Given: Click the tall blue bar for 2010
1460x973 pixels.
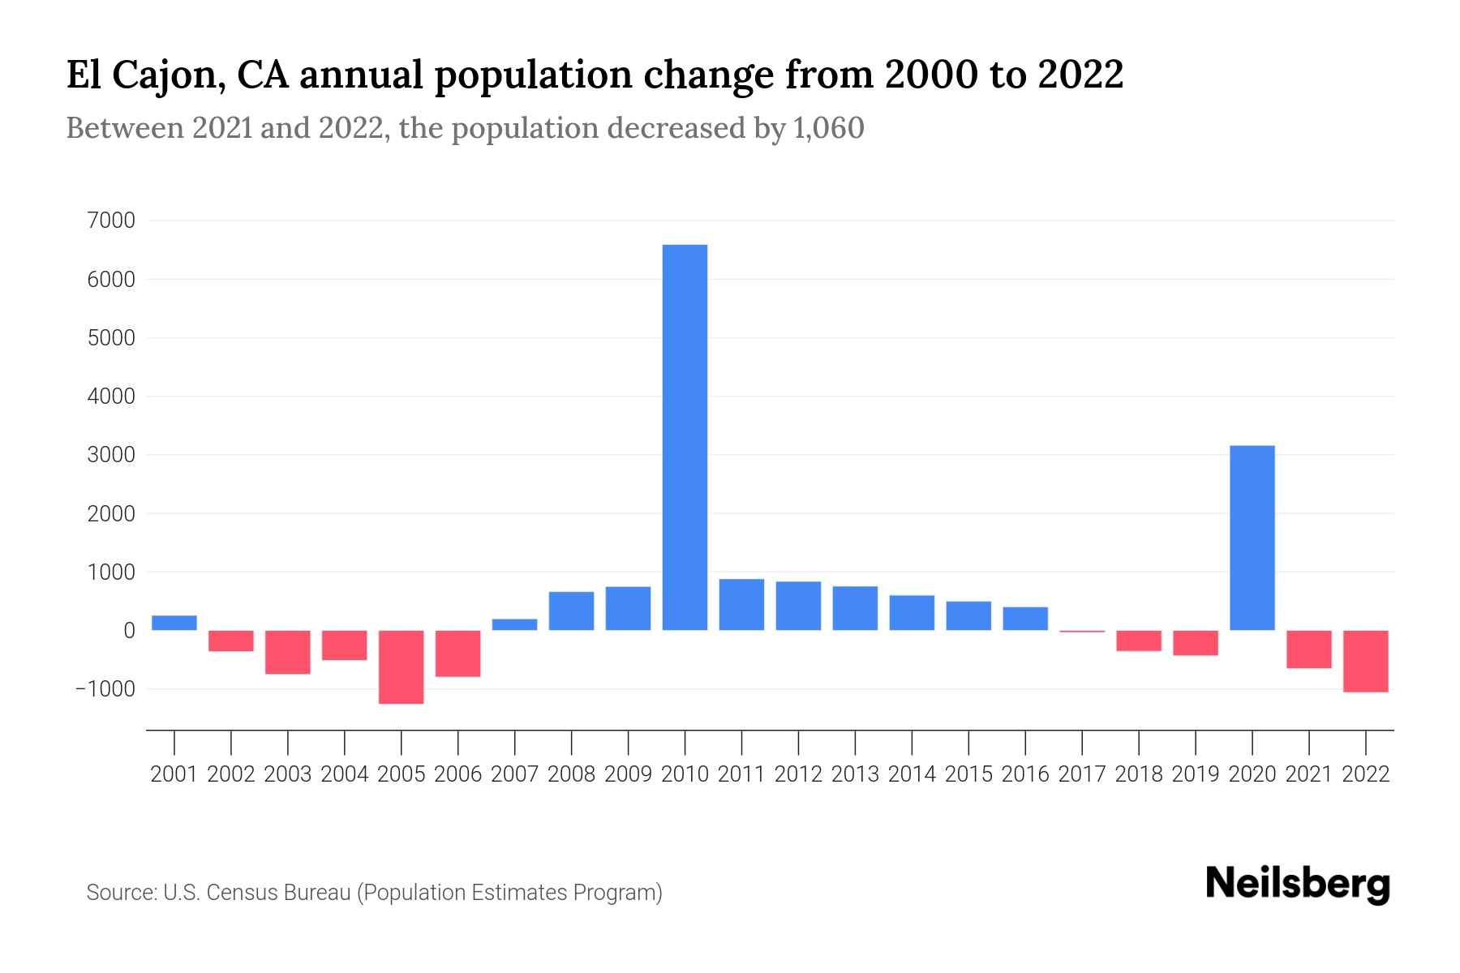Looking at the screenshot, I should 685,438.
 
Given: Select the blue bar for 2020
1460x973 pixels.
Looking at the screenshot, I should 1252,538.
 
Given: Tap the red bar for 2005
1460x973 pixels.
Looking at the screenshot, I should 401,667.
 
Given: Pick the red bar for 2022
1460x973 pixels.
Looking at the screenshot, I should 1365,661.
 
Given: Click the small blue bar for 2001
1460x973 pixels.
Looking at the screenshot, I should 174,623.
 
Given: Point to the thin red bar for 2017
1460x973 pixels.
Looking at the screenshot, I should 1082,631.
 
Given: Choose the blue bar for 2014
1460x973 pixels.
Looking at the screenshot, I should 912,613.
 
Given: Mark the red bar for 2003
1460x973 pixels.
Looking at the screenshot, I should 288,652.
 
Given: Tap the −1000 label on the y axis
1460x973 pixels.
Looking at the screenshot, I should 105,689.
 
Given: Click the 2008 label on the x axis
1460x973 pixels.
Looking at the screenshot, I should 571,774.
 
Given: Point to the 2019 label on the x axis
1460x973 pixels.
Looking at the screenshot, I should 1195,774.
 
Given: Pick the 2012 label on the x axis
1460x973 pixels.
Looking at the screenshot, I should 798,774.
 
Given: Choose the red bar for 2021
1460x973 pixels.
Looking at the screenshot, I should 1308,649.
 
